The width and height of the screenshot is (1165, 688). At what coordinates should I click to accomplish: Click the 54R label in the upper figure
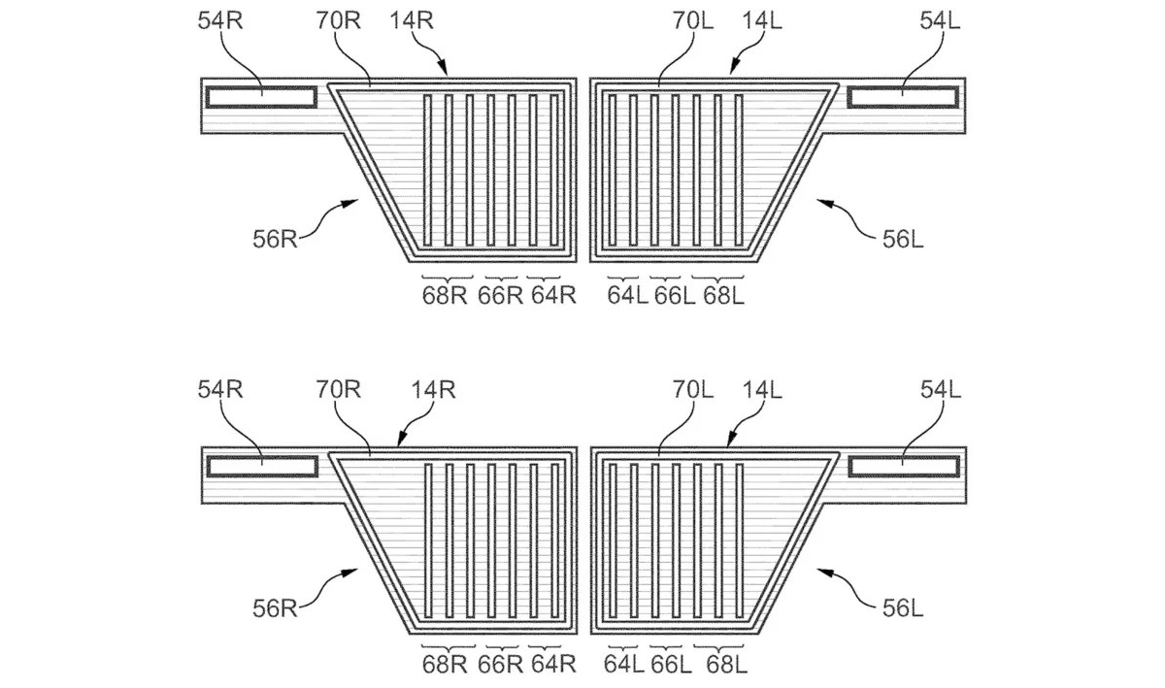[220, 22]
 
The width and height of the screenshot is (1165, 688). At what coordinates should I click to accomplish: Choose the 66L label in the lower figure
[674, 666]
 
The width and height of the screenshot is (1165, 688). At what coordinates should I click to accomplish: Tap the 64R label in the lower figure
[553, 666]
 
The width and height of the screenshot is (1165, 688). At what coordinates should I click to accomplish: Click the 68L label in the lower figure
[725, 666]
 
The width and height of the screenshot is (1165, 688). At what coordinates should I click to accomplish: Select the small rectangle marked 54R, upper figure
[259, 96]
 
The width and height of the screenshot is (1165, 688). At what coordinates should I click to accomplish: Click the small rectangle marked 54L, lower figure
[905, 467]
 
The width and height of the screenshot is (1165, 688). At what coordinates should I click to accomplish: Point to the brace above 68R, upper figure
[446, 278]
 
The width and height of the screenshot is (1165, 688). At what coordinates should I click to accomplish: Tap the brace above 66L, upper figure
[674, 278]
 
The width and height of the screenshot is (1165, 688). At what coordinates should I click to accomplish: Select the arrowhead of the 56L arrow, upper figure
[818, 200]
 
